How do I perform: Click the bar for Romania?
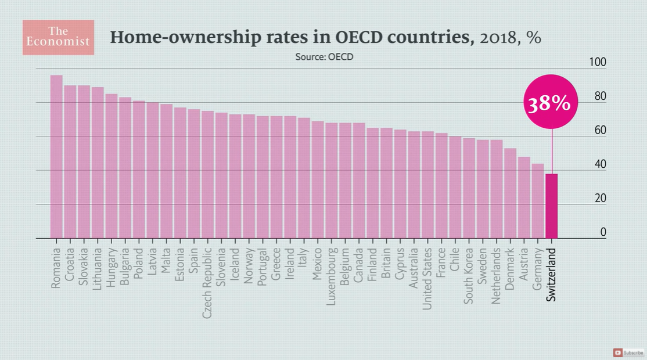56,157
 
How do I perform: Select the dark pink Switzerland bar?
551,206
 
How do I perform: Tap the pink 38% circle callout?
548,103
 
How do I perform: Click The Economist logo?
58,37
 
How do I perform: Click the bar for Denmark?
510,193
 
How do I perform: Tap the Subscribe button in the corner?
629,352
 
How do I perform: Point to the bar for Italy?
304,178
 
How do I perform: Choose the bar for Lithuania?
98,163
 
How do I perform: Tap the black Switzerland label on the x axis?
552,275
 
